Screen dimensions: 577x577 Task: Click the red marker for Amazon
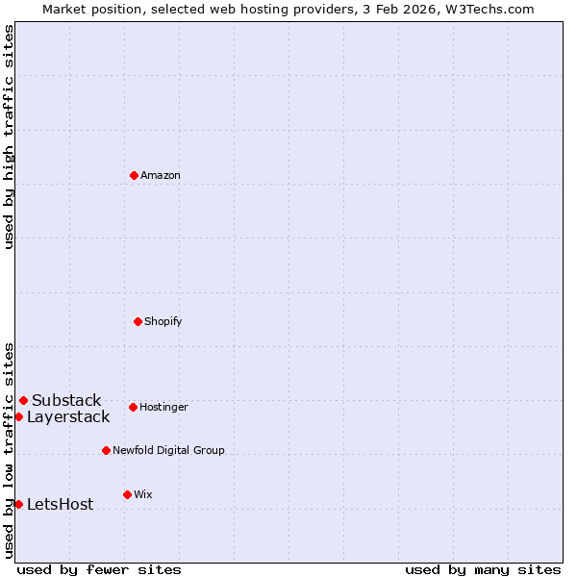point(134,175)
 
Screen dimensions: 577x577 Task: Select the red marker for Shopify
point(138,321)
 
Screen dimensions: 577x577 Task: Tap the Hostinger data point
point(133,407)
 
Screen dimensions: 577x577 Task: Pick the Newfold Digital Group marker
point(106,450)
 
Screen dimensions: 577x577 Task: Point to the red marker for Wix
point(127,494)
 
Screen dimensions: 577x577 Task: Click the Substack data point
point(23,400)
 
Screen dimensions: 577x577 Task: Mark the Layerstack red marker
point(18,416)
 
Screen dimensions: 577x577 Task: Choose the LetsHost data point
point(18,504)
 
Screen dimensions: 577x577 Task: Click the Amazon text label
point(161,175)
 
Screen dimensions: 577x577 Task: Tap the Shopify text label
point(163,321)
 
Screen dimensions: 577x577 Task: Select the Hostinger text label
point(163,407)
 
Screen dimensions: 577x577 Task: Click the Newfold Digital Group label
point(168,450)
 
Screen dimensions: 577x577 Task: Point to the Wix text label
point(143,494)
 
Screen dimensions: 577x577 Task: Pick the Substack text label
point(66,400)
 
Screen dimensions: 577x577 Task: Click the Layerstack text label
point(68,416)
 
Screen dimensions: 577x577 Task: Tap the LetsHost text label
point(61,504)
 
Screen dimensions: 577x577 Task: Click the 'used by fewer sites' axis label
point(99,569)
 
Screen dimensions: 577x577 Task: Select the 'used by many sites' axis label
point(483,569)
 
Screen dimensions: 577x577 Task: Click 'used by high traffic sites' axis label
point(9,137)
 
